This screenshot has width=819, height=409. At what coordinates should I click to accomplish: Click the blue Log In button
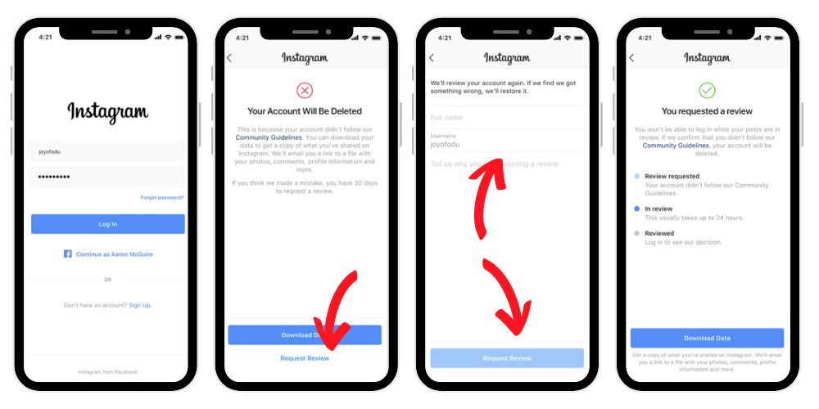(108, 224)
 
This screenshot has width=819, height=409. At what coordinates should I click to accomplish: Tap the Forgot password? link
(162, 197)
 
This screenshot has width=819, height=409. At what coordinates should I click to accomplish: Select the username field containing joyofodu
(108, 151)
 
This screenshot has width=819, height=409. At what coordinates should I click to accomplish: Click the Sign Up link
(140, 305)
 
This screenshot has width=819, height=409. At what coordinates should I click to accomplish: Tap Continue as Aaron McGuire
(115, 254)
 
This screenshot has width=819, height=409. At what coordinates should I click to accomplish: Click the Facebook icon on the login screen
(68, 254)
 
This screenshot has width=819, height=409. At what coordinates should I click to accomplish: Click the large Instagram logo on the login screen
(108, 112)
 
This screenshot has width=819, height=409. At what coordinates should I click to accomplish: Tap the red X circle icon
(305, 90)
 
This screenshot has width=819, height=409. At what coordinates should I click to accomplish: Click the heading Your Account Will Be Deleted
(305, 111)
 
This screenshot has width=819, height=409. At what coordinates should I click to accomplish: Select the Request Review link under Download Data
(305, 358)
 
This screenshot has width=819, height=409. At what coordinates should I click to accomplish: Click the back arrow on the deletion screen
(229, 58)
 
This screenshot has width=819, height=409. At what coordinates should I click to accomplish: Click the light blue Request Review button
(507, 358)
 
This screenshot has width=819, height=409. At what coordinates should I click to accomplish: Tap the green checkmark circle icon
(707, 90)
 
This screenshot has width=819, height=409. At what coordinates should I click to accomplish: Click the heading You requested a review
(707, 111)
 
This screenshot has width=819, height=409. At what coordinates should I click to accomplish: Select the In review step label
(659, 209)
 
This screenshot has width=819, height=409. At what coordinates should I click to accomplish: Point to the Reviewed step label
(659, 233)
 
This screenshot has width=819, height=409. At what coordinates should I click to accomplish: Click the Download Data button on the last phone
(707, 338)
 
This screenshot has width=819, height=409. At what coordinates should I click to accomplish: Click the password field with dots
(108, 177)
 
